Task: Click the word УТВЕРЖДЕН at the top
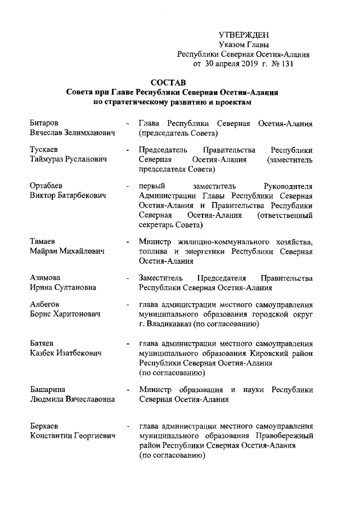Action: pyautogui.click(x=244, y=35)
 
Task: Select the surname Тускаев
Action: pyautogui.click(x=44, y=150)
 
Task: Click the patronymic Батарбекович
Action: pyautogui.click(x=81, y=196)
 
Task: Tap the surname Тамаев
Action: pyautogui.click(x=43, y=241)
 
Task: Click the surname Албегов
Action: pyautogui.click(x=45, y=305)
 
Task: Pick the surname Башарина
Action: pyautogui.click(x=48, y=389)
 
